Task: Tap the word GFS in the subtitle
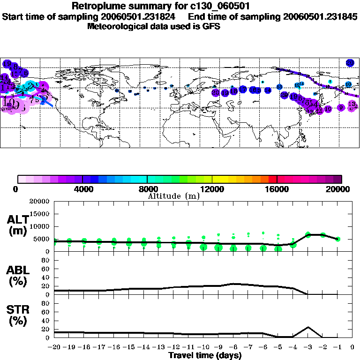click(211, 26)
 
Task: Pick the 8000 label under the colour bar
click(147, 189)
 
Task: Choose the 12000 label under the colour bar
click(212, 189)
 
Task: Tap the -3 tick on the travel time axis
click(308, 347)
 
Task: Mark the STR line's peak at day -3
click(308, 327)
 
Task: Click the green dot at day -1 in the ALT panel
click(337, 239)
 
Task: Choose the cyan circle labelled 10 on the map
click(348, 84)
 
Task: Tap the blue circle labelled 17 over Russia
click(243, 89)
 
